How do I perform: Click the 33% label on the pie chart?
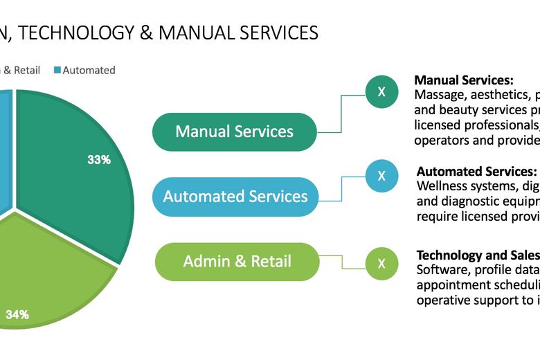(x=99, y=159)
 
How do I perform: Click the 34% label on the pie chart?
(x=17, y=314)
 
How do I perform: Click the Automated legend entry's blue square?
(x=57, y=70)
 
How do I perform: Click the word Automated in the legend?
(x=89, y=70)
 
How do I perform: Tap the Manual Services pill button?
(x=234, y=132)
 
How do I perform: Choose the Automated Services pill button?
(x=235, y=197)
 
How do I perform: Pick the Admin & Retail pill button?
(x=237, y=262)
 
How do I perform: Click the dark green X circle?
(x=381, y=91)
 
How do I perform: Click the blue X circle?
(x=381, y=176)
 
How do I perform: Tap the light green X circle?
(x=381, y=263)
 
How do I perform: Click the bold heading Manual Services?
(x=463, y=80)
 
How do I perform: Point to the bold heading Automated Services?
(x=476, y=171)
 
